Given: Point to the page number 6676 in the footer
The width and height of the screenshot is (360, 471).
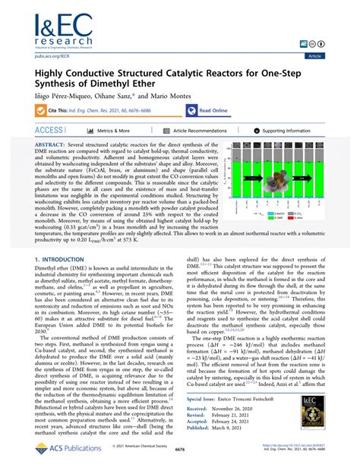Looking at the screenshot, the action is (180, 460).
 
